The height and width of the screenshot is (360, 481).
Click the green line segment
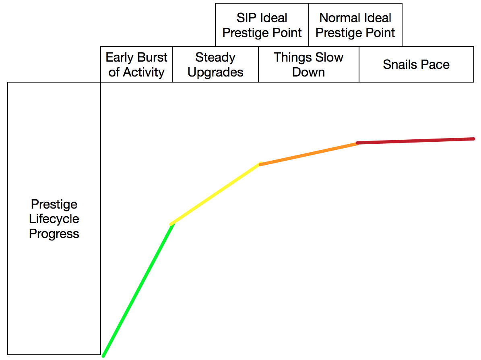(138, 290)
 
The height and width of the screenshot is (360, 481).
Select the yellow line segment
(216, 194)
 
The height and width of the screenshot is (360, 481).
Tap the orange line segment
(309, 154)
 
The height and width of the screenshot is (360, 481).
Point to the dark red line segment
(415, 141)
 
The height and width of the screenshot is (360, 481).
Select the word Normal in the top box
(340, 18)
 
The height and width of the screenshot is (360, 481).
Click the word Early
(120, 58)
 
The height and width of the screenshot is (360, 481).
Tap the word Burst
(153, 57)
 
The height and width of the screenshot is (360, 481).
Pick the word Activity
(144, 72)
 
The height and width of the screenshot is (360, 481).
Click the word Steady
(215, 58)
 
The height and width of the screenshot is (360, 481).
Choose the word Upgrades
(215, 72)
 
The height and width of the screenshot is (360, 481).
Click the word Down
(308, 72)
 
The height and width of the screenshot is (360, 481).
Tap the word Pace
(435, 64)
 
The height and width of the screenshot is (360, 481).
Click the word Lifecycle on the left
(54, 219)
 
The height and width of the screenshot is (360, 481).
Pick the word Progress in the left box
(54, 234)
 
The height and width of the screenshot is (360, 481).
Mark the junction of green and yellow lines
(172, 224)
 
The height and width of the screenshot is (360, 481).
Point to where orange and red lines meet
(358, 143)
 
